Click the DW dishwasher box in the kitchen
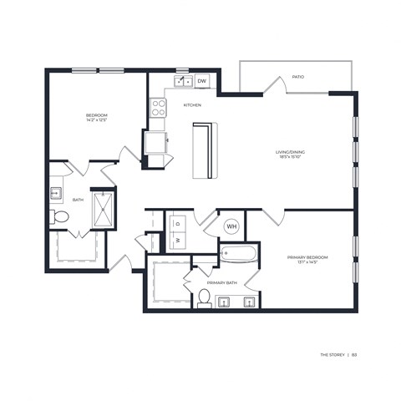click(x=202, y=81)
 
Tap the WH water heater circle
click(x=232, y=226)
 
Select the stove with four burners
click(x=157, y=107)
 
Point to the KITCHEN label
click(x=193, y=105)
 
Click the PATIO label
click(x=297, y=77)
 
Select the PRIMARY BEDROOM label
click(x=308, y=257)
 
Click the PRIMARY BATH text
click(x=222, y=283)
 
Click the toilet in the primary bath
click(x=204, y=298)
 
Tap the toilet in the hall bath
click(x=59, y=217)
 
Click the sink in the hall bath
click(x=56, y=195)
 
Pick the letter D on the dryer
click(x=177, y=223)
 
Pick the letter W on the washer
click(x=177, y=239)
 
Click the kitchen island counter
click(x=204, y=150)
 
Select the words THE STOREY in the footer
click(x=332, y=354)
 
